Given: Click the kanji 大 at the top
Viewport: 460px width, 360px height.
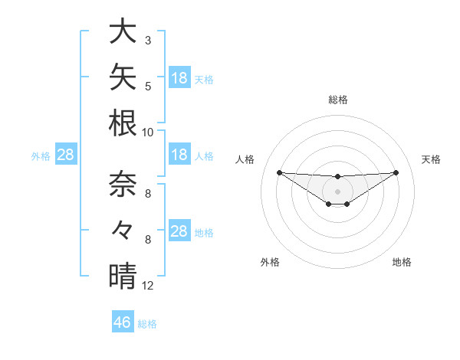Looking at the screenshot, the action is (123, 31).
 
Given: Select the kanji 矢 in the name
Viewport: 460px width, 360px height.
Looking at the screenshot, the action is (123, 77).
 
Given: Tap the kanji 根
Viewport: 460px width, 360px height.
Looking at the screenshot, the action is (123, 123).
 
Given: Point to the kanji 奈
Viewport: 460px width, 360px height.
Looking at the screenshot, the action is (123, 184).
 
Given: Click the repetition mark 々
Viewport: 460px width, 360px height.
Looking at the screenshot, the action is (122, 230).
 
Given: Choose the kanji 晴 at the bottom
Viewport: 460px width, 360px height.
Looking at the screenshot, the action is (123, 276).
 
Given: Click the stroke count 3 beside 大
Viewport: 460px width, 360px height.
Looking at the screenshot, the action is (148, 40).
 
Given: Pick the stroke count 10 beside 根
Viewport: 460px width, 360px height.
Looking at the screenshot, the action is (147, 133).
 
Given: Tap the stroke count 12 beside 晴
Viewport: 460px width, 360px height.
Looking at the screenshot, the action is (147, 286).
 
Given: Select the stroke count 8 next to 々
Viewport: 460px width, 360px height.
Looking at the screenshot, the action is (148, 240).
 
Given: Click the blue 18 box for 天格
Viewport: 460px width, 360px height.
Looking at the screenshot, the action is (179, 77).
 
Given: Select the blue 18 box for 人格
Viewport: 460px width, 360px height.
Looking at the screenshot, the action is (179, 154).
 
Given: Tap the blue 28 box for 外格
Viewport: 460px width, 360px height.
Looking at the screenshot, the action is (66, 154).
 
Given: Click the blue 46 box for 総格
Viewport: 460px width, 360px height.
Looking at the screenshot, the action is (123, 321).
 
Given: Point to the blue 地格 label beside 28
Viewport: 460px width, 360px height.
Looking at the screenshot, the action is (204, 233).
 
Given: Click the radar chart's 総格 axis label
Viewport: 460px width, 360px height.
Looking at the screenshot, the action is (338, 100).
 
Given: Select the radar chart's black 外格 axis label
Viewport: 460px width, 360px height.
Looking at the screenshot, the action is (270, 262).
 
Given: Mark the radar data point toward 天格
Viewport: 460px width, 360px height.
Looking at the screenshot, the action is (396, 172).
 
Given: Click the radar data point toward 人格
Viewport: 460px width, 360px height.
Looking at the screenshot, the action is (280, 172).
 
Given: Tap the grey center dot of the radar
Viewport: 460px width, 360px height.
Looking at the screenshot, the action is (337, 191).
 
